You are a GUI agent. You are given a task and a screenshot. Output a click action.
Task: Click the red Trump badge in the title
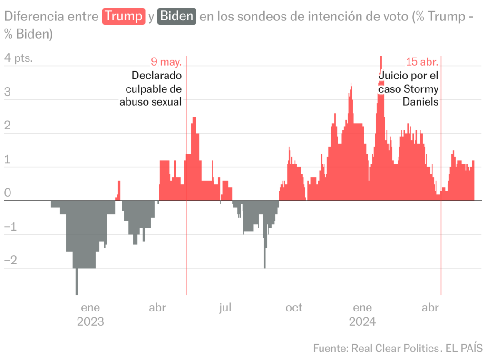(124, 17)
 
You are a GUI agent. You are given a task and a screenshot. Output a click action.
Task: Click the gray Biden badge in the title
(176, 17)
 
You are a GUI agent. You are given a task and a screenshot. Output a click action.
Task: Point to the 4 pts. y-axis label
(19, 58)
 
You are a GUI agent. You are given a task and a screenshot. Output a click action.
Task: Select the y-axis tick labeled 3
(7, 92)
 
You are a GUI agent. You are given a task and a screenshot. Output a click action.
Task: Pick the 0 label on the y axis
(7, 193)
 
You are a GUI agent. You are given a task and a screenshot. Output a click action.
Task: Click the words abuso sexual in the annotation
(150, 102)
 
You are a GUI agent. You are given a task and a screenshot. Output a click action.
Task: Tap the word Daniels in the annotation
(420, 102)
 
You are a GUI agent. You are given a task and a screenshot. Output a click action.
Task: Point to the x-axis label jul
(225, 308)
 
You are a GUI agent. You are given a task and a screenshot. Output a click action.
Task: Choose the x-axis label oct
(293, 308)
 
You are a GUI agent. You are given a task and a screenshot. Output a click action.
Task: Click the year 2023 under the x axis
(90, 322)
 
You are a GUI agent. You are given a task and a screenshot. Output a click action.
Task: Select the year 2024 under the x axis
(362, 322)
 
